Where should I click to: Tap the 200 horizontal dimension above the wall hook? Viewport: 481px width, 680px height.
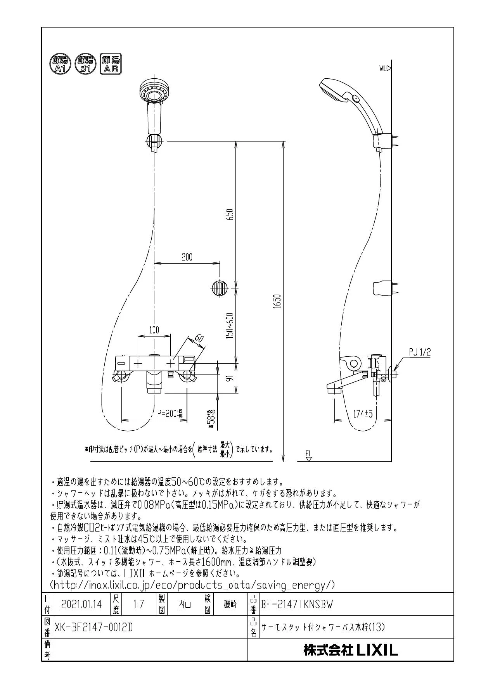coord(187,257)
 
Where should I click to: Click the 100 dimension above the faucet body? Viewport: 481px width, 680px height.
coord(154,330)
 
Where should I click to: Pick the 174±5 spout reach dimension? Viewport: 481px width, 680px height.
coord(363,414)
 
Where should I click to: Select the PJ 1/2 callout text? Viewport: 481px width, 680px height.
coord(419,352)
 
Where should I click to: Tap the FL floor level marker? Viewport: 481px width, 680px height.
coord(309,456)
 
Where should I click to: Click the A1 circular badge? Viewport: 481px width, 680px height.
coord(59,64)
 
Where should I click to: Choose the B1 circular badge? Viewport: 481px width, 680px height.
coord(85,64)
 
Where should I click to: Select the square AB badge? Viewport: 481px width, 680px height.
coord(111,64)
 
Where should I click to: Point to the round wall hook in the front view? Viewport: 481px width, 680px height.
coord(219,288)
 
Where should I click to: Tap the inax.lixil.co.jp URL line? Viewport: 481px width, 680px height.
coord(193,585)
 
